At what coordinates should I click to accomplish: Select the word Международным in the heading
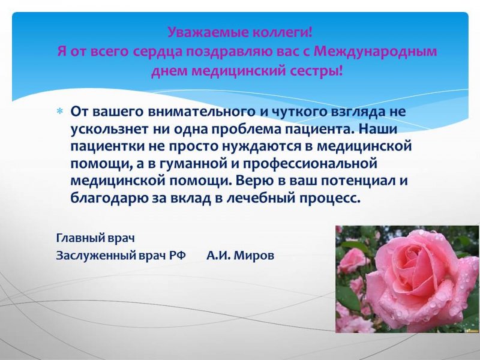tap(376, 52)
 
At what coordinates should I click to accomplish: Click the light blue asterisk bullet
tap(59, 111)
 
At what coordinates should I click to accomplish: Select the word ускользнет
tap(109, 129)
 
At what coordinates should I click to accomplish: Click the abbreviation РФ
tap(178, 255)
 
